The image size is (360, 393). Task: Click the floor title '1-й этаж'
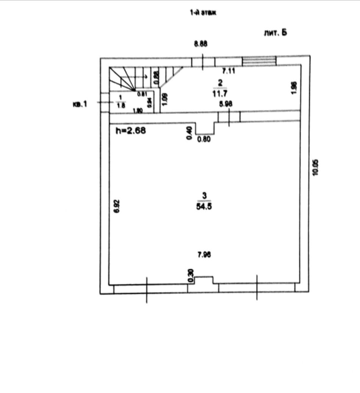tap(203, 13)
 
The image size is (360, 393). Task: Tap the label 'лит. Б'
tap(275, 33)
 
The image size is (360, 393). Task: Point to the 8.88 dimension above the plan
tap(200, 44)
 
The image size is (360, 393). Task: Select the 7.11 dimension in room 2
tap(229, 70)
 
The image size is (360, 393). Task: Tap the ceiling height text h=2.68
tap(131, 131)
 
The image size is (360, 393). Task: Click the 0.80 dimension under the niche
tap(204, 139)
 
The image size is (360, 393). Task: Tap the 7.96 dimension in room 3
tap(204, 255)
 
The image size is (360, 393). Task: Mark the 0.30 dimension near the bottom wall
tap(191, 275)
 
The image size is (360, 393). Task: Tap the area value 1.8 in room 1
tap(121, 106)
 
